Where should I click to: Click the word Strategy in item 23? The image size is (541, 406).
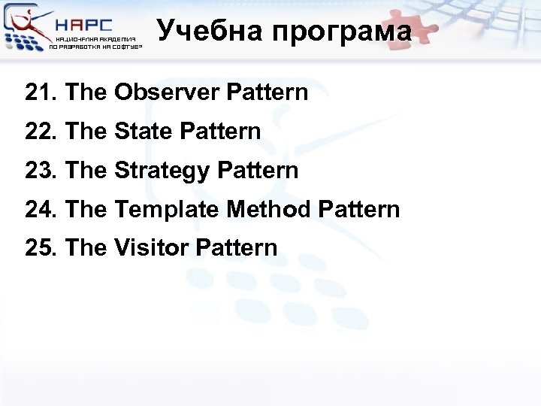tap(162, 171)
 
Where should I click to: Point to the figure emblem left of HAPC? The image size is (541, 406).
tap(26, 28)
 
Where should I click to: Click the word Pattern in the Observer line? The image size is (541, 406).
tap(267, 93)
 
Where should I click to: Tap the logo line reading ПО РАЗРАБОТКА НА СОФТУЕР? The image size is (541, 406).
tap(95, 47)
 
